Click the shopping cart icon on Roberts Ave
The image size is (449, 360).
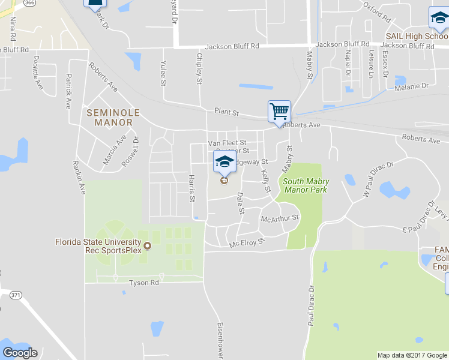tap(279, 111)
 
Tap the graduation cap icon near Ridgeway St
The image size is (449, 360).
tap(224, 161)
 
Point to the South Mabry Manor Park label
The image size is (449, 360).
tap(304, 185)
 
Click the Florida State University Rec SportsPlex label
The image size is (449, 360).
tap(98, 246)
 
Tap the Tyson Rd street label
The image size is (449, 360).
tap(144, 282)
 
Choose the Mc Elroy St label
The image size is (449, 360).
tap(247, 244)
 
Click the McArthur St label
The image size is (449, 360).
tap(280, 219)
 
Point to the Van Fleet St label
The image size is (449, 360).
tap(227, 143)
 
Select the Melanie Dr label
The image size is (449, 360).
tap(411, 87)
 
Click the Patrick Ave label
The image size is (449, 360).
tap(68, 91)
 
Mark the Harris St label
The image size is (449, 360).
tap(192, 188)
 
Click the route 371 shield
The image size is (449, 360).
tap(16, 295)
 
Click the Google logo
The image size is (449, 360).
tap(20, 352)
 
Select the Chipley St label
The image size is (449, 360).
tap(199, 69)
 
